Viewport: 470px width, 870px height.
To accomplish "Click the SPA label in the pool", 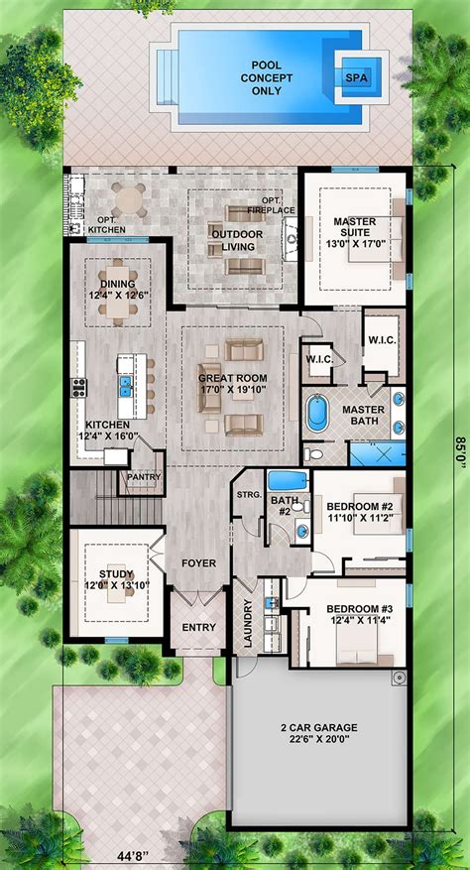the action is pyautogui.click(x=356, y=78).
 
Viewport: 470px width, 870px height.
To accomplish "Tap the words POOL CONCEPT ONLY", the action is pyautogui.click(x=260, y=78).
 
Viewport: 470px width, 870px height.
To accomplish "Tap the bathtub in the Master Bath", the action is pyautogui.click(x=318, y=413).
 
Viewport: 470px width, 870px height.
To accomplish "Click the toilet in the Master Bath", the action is pyautogui.click(x=313, y=454).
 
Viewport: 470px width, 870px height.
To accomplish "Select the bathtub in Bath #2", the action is pyautogui.click(x=288, y=480).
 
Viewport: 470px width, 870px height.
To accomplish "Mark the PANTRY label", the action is pyautogui.click(x=144, y=476).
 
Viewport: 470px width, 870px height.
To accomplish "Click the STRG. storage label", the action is pyautogui.click(x=249, y=495).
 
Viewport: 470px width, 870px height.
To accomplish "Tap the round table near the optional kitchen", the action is pyautogui.click(x=129, y=199).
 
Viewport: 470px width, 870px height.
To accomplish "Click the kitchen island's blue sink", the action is pyautogui.click(x=125, y=386).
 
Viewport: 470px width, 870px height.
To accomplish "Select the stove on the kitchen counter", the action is pyautogui.click(x=78, y=387).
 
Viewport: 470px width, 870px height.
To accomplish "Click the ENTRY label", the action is pyautogui.click(x=198, y=628).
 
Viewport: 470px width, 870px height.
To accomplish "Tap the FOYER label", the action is pyautogui.click(x=198, y=563).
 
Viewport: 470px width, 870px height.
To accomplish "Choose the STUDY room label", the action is pyautogui.click(x=117, y=578).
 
